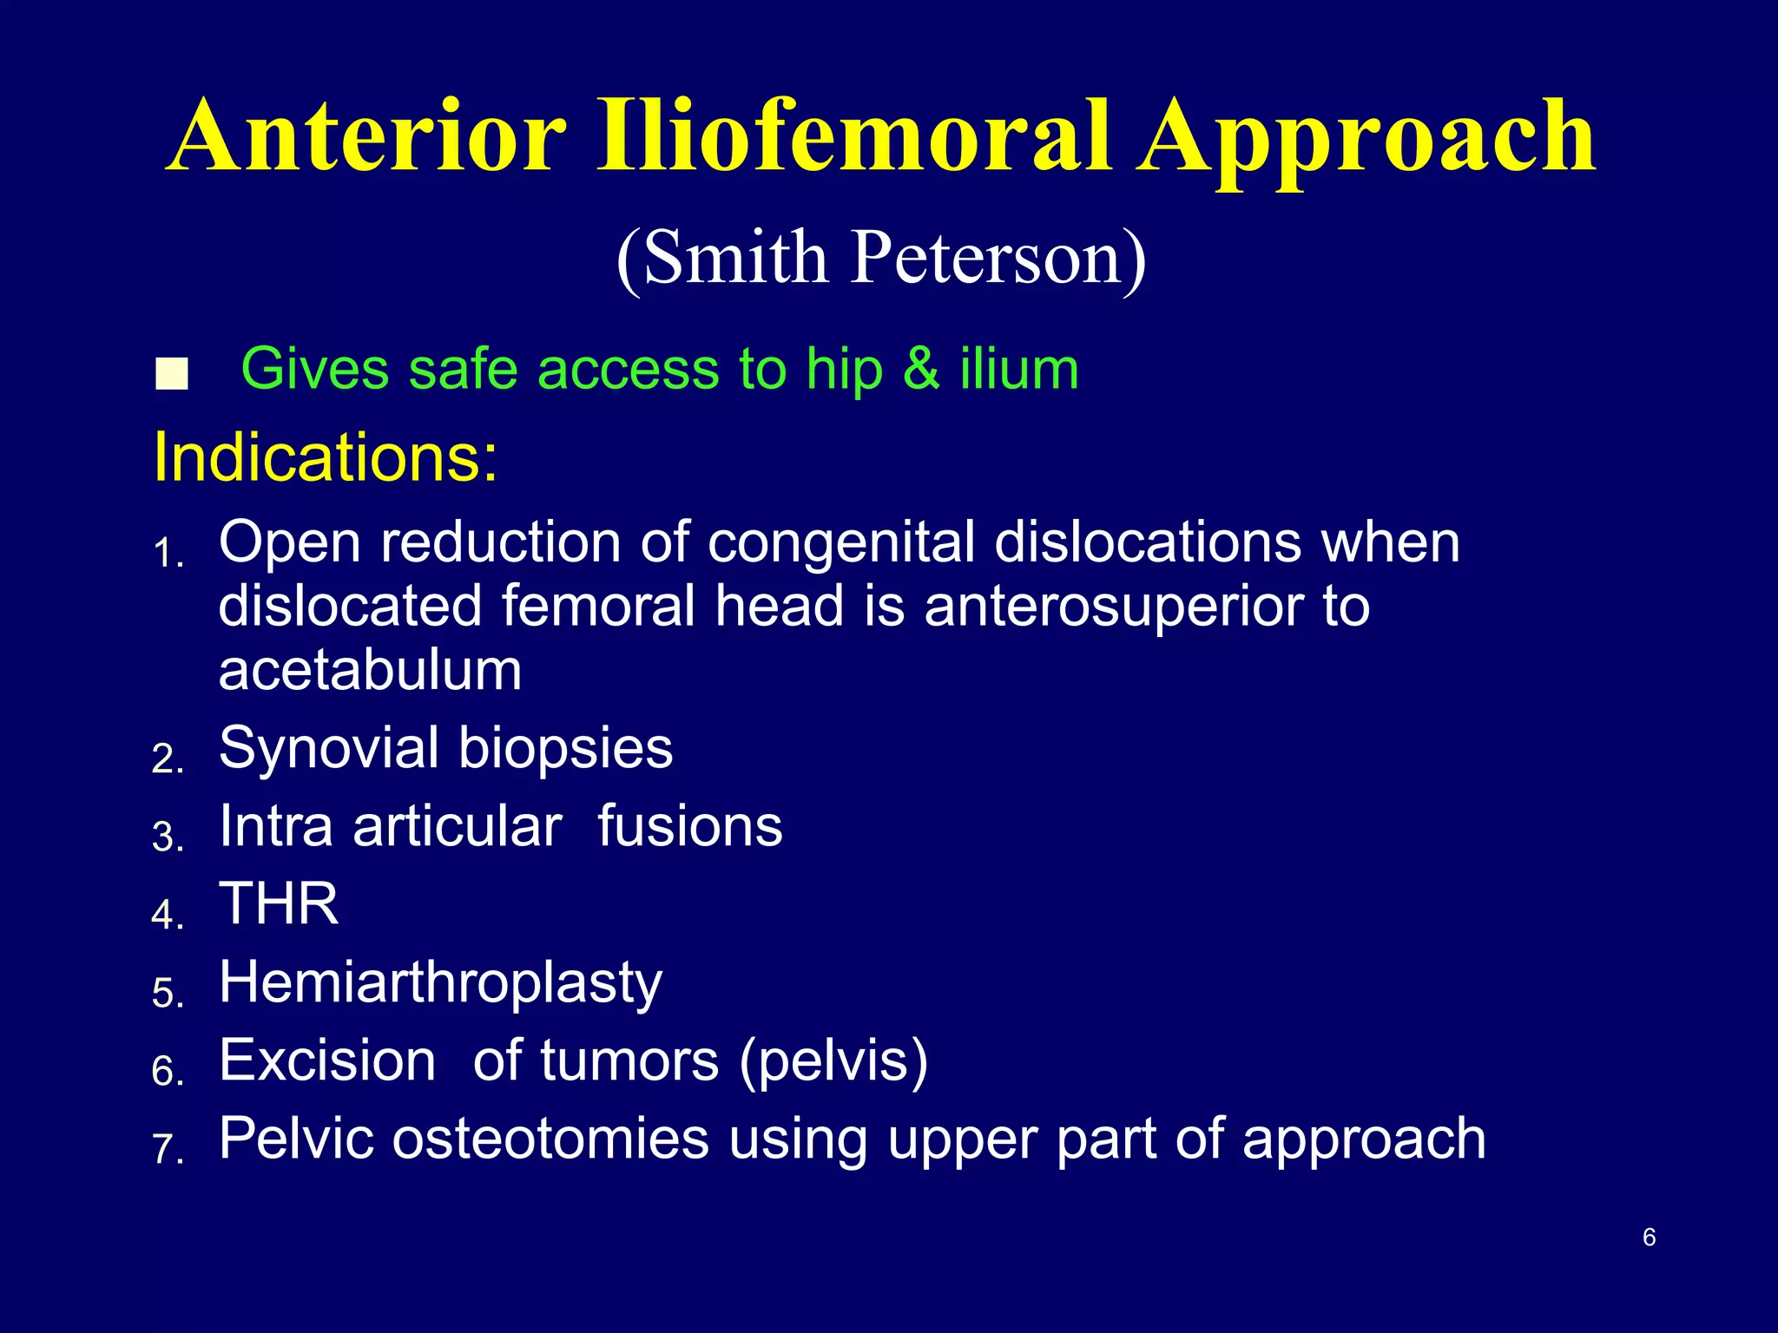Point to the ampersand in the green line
[921, 370]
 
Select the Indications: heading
[326, 457]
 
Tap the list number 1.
[167, 554]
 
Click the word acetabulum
[370, 670]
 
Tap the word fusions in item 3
[690, 826]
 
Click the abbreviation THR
[279, 904]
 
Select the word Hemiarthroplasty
[440, 984]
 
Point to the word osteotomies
[550, 1139]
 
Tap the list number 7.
[167, 1150]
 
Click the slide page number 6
[1649, 1237]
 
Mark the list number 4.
[167, 916]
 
